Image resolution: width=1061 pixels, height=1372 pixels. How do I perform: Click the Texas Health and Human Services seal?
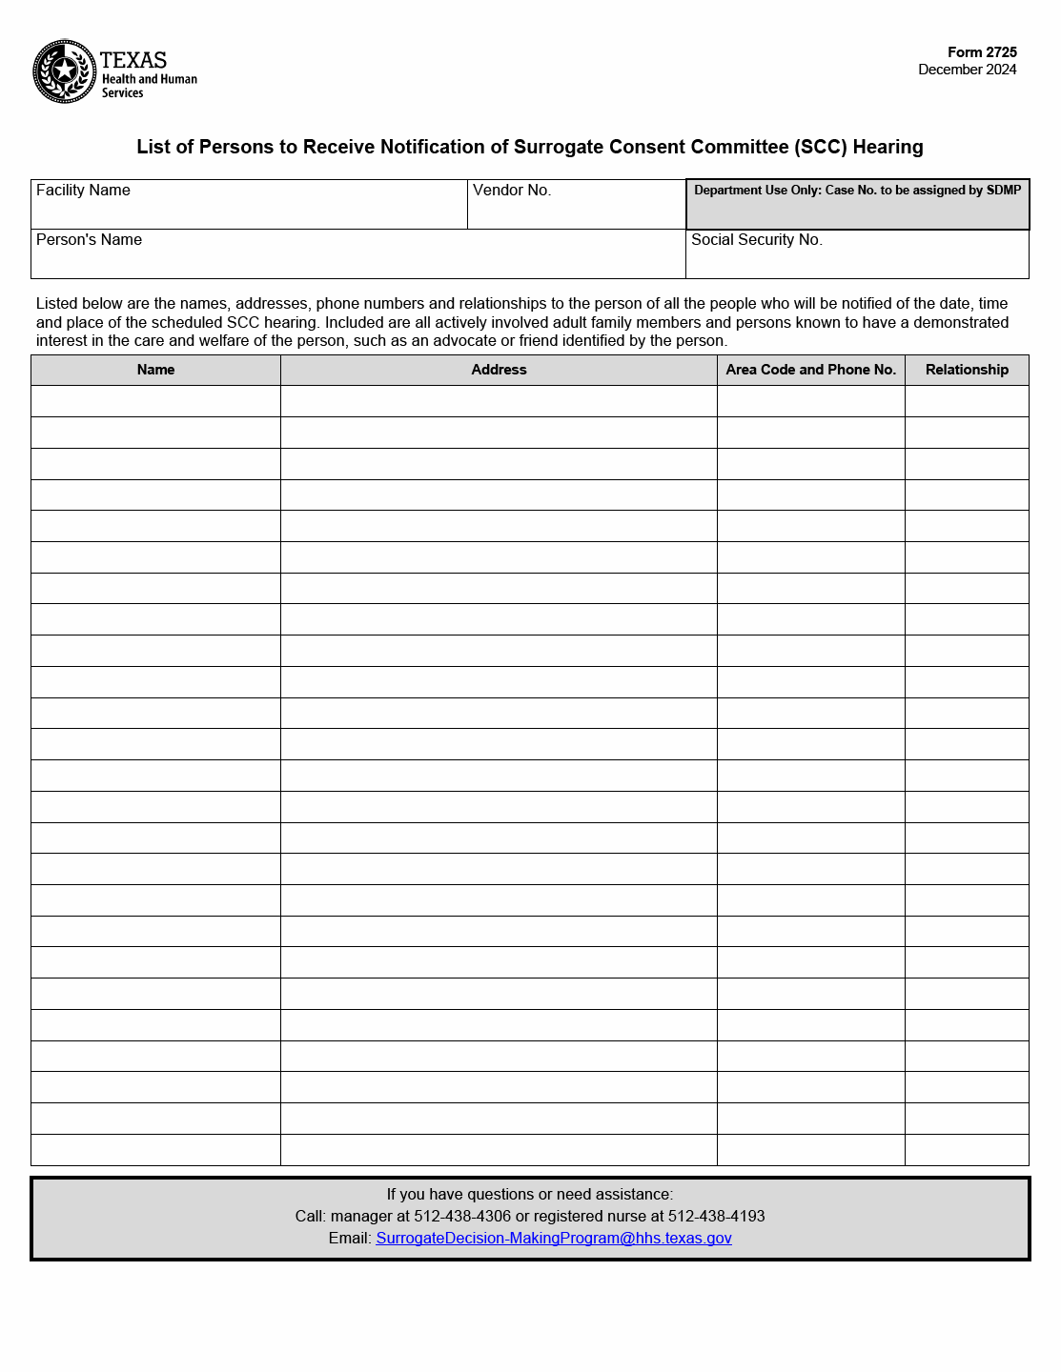pyautogui.click(x=64, y=71)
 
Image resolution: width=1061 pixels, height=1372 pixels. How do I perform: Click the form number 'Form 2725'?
pyautogui.click(x=982, y=52)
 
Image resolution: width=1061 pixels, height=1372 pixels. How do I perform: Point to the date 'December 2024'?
pyautogui.click(x=967, y=70)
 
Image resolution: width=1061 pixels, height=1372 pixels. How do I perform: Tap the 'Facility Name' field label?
pyautogui.click(x=83, y=191)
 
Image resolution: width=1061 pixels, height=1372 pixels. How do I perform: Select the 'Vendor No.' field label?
pyautogui.click(x=512, y=191)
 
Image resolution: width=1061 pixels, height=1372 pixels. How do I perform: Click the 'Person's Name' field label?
pyautogui.click(x=89, y=240)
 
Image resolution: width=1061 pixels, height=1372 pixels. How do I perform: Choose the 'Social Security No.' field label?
pyautogui.click(x=756, y=240)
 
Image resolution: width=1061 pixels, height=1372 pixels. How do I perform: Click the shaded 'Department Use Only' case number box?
pyautogui.click(x=857, y=205)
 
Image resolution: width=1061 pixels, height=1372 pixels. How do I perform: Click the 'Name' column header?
pyautogui.click(x=155, y=370)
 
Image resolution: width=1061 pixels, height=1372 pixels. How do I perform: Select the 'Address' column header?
pyautogui.click(x=499, y=370)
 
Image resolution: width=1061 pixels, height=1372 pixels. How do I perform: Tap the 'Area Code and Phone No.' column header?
pyautogui.click(x=810, y=370)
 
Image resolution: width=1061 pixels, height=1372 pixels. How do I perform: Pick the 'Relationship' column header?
pyautogui.click(x=967, y=370)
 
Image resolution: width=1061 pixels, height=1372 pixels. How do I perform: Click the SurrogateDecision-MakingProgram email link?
pyautogui.click(x=554, y=1239)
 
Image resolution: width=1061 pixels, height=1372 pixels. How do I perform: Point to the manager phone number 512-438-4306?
pyautogui.click(x=462, y=1217)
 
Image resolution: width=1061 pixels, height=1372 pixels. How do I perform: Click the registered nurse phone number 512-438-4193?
pyautogui.click(x=716, y=1217)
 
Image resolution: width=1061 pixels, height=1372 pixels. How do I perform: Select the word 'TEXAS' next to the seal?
pyautogui.click(x=133, y=60)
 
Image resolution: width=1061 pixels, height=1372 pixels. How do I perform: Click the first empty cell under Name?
pyautogui.click(x=155, y=401)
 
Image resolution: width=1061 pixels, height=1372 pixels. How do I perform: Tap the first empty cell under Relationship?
pyautogui.click(x=967, y=401)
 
